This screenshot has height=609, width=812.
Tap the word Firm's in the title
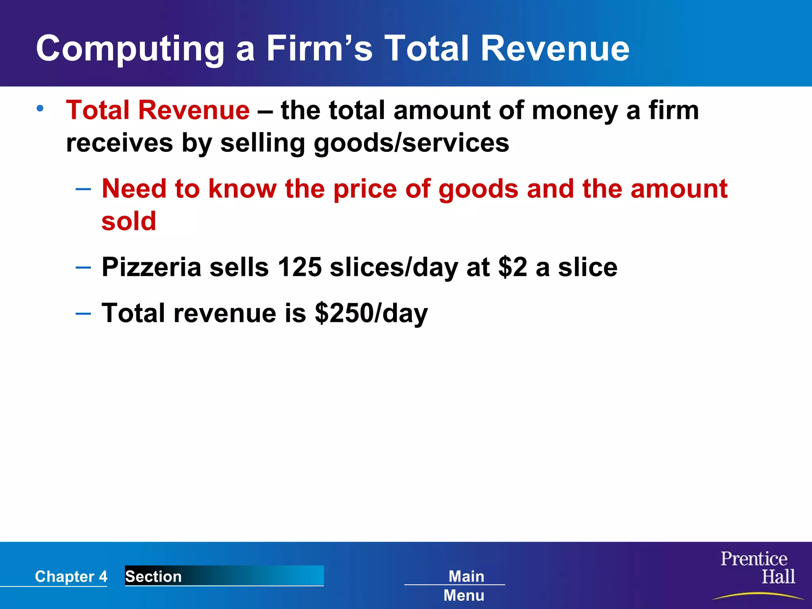tap(319, 48)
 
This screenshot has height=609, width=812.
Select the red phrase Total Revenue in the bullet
tap(158, 110)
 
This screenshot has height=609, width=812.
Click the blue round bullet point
tap(40, 108)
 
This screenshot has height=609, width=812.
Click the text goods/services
tap(411, 143)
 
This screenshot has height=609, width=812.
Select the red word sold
tap(129, 221)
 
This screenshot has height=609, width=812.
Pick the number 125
tap(299, 267)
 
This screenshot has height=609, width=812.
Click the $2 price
tap(513, 267)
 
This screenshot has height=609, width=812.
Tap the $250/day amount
tap(371, 313)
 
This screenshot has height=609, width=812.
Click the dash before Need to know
tap(83, 189)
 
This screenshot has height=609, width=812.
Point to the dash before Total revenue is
tap(83, 313)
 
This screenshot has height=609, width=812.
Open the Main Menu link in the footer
tap(465, 585)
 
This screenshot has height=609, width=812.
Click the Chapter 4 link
tap(71, 576)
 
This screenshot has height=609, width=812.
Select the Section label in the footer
tap(153, 576)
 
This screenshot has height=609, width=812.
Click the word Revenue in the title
tap(555, 48)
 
